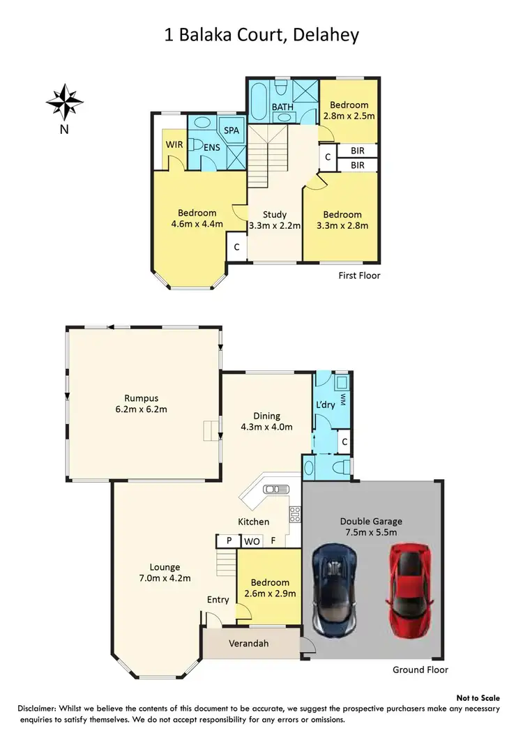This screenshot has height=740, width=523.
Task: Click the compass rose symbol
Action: coord(64,102)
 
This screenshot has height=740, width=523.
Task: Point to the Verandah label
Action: coord(248,643)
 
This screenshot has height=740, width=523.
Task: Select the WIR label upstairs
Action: coord(174,144)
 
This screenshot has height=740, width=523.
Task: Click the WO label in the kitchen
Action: coord(250,541)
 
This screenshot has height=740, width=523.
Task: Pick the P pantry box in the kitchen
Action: coord(227,541)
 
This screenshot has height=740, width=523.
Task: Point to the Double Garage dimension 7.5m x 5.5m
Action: coord(371,533)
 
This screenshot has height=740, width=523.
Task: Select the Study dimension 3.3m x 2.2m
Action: coord(275,225)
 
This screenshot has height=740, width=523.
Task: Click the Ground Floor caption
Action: coord(419,670)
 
